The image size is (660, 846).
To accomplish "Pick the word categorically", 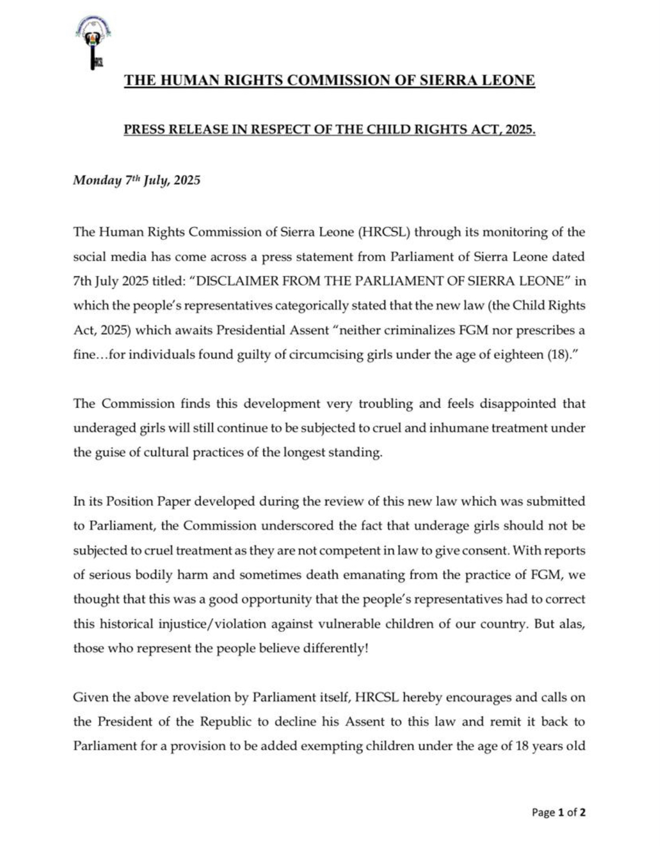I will pos(312,305).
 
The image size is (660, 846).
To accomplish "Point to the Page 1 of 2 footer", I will pos(558,813).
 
